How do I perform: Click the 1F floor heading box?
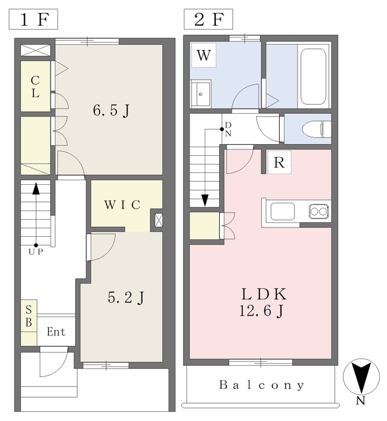34,19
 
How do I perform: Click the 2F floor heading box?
208,19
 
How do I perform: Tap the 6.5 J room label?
111,111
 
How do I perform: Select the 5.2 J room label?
126,297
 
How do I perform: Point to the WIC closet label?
122,205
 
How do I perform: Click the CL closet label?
35,86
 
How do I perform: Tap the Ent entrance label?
56,332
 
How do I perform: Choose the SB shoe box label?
29,316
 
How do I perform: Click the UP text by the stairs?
36,252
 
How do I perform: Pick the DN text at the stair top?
228,129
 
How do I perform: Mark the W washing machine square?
203,55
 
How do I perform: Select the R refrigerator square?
279,162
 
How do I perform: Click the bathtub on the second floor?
313,76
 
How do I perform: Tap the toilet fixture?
317,129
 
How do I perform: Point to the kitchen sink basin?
282,211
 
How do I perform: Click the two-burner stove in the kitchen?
319,212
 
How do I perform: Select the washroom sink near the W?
200,93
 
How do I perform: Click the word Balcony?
261,385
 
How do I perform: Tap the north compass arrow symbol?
361,377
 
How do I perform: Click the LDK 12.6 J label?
263,303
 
